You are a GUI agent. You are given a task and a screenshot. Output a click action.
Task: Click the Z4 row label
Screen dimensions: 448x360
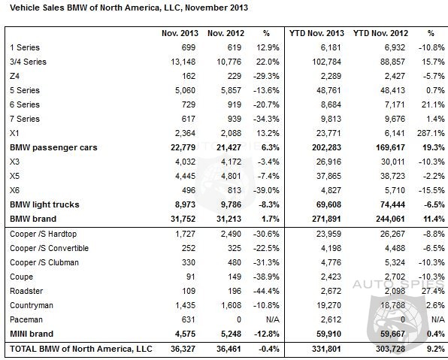pyautogui.click(x=14, y=76)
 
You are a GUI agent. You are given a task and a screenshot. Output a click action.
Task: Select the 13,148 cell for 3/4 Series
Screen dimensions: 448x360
pyautogui.click(x=183, y=62)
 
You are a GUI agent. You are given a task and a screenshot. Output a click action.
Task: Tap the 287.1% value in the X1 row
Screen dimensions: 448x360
pyautogui.click(x=431, y=133)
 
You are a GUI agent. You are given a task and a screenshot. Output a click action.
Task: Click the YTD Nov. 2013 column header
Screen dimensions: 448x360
pyautogui.click(x=316, y=33)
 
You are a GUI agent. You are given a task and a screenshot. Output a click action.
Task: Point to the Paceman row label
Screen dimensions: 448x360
pyautogui.click(x=26, y=319)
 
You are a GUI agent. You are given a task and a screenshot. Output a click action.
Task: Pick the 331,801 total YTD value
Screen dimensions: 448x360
pyautogui.click(x=326, y=349)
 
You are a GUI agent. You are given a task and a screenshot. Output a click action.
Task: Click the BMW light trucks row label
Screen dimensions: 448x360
pyautogui.click(x=44, y=204)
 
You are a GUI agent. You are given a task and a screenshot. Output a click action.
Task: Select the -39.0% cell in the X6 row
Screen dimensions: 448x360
pyautogui.click(x=266, y=190)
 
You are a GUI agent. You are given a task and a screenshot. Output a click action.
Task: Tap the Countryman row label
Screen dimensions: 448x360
pyautogui.click(x=32, y=305)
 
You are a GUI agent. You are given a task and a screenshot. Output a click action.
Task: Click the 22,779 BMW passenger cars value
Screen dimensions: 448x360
pyautogui.click(x=183, y=147)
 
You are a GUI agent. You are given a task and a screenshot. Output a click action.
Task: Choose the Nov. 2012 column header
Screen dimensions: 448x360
pyautogui.click(x=226, y=33)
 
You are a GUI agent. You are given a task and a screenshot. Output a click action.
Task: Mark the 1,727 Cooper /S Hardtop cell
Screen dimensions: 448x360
pyautogui.click(x=185, y=234)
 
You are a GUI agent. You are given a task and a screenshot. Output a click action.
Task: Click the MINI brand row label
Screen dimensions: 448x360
pyautogui.click(x=32, y=334)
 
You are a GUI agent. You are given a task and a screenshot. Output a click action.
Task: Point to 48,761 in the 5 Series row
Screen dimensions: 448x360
pyautogui.click(x=328, y=90)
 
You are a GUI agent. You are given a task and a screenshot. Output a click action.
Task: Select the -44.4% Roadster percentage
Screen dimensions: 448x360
pyautogui.click(x=266, y=291)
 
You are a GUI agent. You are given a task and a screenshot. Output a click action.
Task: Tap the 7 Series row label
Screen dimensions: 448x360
pyautogui.click(x=25, y=119)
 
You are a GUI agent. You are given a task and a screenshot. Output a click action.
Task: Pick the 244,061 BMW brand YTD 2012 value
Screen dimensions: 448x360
pyautogui.click(x=390, y=219)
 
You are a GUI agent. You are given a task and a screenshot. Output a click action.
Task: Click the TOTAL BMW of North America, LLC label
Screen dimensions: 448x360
pyautogui.click(x=81, y=349)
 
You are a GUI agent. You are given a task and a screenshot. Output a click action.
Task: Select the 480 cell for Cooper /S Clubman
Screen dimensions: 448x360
pyautogui.click(x=235, y=262)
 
